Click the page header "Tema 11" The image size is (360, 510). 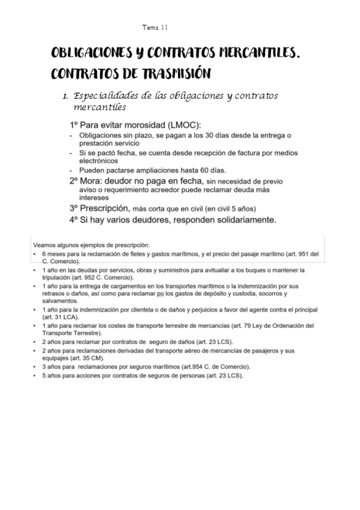(155, 28)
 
